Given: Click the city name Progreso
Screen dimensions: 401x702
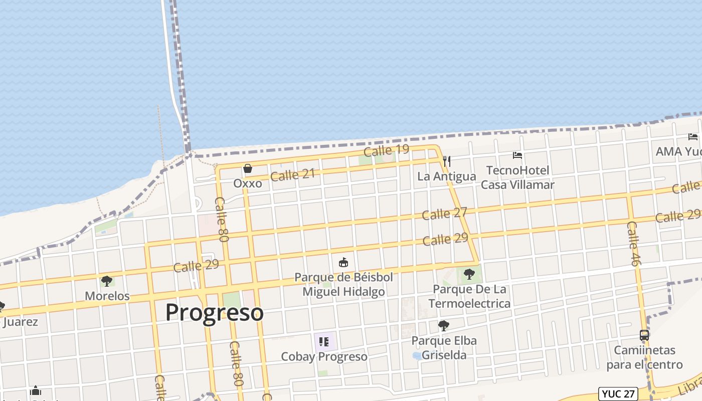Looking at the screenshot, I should click(214, 312).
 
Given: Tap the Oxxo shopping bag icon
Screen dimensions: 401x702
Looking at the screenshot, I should click(248, 169).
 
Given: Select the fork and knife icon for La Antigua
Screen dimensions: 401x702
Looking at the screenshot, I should click(447, 161).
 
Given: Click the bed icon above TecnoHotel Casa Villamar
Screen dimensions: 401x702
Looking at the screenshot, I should click(517, 155).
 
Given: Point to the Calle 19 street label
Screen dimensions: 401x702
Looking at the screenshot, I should click(386, 150).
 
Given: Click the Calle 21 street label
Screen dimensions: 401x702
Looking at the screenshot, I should click(292, 175).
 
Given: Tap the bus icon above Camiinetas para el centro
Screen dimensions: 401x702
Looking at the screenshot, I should click(644, 335).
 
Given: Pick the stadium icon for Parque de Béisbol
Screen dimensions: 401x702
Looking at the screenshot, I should click(343, 262).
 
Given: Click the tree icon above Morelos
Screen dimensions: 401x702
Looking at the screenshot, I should click(106, 281).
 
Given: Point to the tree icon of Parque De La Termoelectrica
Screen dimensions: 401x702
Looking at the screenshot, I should click(469, 274).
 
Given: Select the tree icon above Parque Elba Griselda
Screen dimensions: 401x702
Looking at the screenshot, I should click(443, 326).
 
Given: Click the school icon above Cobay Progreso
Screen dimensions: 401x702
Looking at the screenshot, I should click(324, 342).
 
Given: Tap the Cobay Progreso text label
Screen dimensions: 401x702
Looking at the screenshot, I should click(324, 357).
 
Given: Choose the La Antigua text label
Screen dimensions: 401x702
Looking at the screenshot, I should click(446, 176).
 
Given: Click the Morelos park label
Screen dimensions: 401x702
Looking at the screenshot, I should click(107, 296).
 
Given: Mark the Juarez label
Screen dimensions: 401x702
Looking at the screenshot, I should click(20, 322).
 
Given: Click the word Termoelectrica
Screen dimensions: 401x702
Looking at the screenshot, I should click(469, 304).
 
